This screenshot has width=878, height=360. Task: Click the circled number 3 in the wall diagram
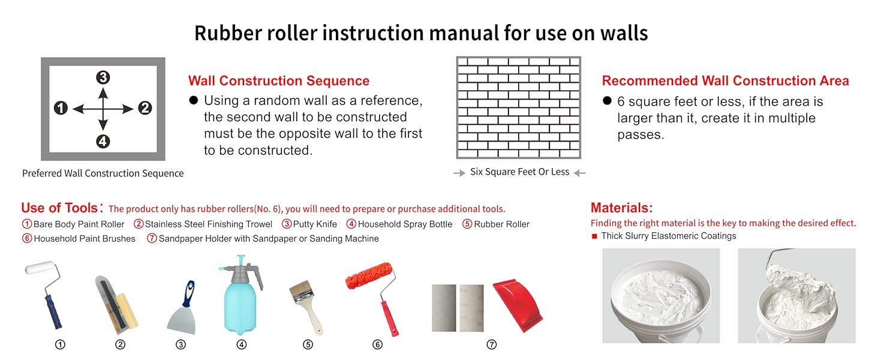pos(103,77)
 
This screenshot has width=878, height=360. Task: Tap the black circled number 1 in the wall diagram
pos(61,108)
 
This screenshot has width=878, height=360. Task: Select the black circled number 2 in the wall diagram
pos(145,108)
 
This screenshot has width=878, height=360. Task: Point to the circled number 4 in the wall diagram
pos(103,141)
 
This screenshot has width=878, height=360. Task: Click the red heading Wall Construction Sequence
pos(279,81)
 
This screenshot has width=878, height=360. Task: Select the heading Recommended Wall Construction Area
pos(725,81)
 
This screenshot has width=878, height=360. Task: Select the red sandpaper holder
pos(517,307)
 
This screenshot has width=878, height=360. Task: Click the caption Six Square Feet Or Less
pos(519,172)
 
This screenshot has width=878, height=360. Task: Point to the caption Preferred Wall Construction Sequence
pos(103,173)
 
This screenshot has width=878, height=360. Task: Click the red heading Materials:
pos(621,208)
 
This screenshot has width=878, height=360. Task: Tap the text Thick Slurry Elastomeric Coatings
pos(668,236)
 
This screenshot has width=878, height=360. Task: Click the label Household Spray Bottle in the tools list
pos(405,224)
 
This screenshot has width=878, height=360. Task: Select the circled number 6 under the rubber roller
pos(377,344)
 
